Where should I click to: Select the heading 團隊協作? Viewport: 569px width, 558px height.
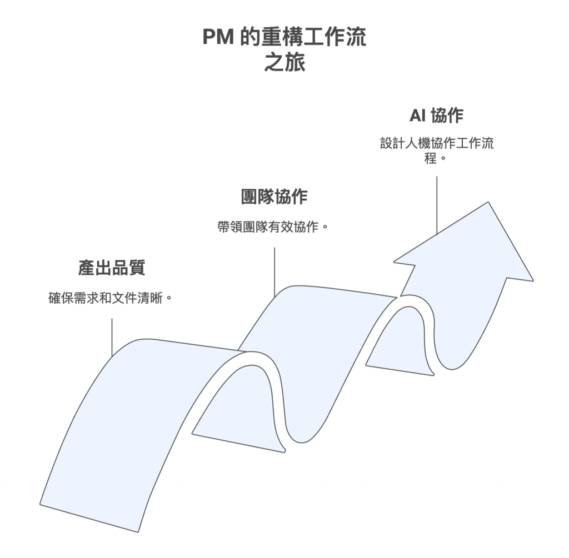pyautogui.click(x=274, y=197)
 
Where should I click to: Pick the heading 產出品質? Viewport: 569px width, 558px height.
pyautogui.click(x=112, y=268)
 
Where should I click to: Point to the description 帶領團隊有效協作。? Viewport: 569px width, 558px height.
pyautogui.click(x=273, y=227)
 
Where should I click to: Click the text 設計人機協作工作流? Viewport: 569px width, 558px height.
pyautogui.click(x=437, y=143)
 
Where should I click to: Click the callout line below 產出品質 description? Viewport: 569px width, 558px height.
pyautogui.click(x=112, y=336)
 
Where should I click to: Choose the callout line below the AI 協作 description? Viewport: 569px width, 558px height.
pyautogui.click(x=437, y=205)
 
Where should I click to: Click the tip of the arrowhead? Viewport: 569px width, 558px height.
pyautogui.click(x=490, y=203)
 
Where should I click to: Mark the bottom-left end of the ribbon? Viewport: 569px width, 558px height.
pyautogui.click(x=41, y=504)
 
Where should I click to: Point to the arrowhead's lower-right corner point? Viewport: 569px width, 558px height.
pyautogui.click(x=532, y=280)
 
